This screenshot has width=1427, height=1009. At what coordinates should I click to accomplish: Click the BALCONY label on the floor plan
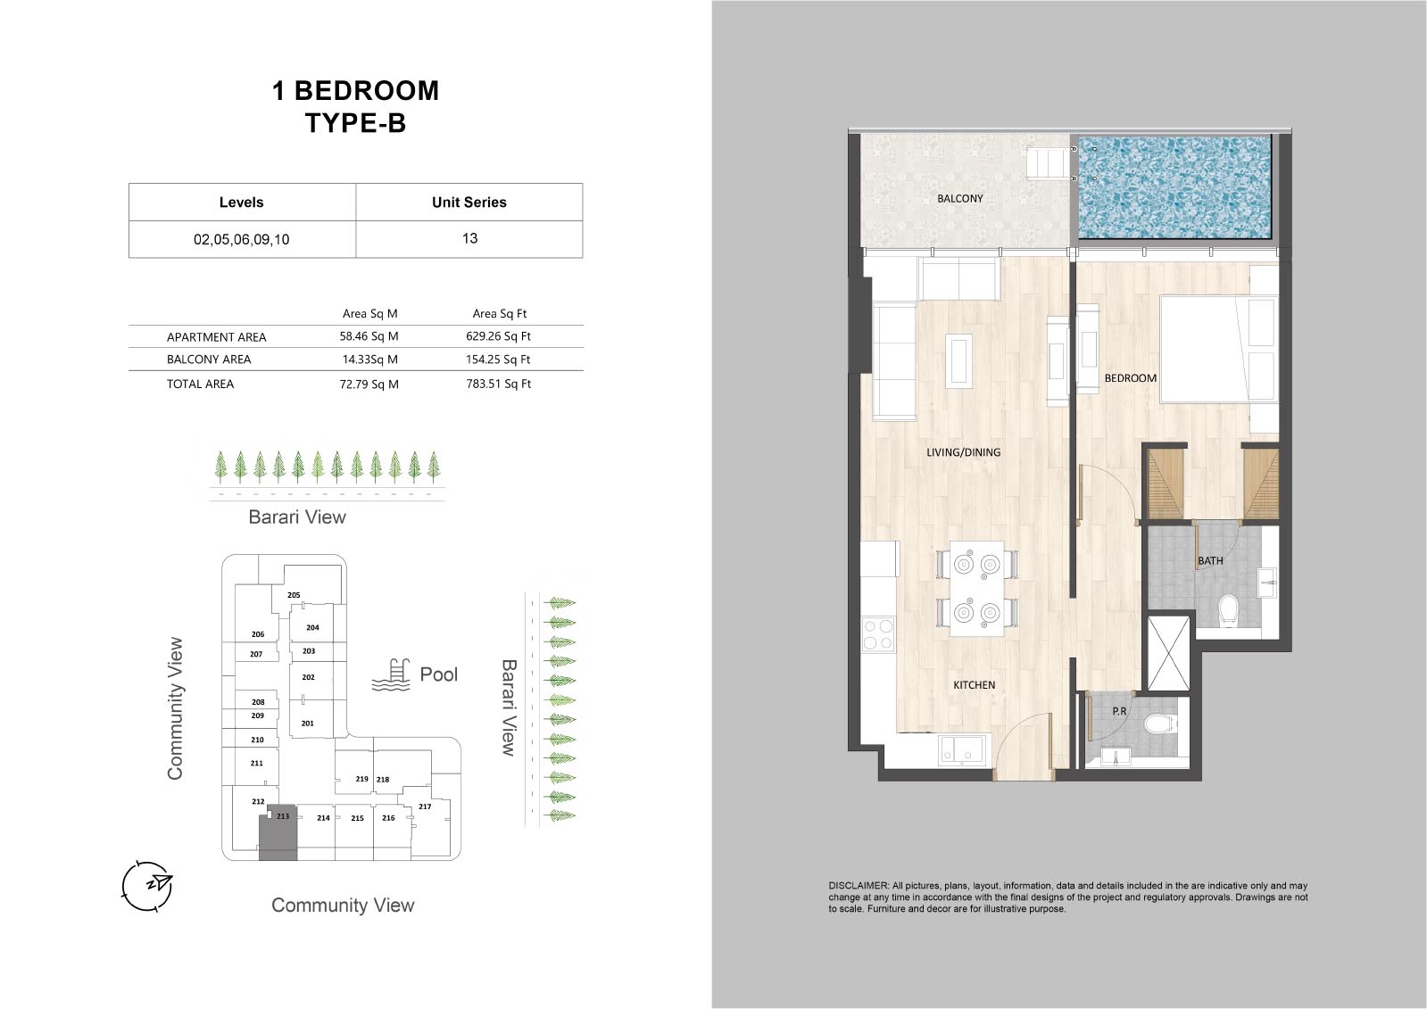[959, 199]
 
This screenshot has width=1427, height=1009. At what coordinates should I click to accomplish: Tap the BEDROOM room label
[1130, 378]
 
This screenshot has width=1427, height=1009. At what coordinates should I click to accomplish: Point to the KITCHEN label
[974, 685]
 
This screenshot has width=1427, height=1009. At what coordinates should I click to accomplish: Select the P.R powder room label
[1119, 711]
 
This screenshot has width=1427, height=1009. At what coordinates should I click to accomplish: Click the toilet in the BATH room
[1228, 610]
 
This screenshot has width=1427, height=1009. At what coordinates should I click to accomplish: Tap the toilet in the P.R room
[1158, 724]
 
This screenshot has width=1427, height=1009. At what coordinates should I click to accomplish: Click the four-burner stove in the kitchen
[878, 634]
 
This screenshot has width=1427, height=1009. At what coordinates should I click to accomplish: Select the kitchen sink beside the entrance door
[961, 749]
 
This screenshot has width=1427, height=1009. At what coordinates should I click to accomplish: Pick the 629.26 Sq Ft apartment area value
[498, 336]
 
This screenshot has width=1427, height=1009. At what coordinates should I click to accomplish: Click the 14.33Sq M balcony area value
[369, 360]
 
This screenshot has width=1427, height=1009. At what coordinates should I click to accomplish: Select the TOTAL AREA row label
[200, 385]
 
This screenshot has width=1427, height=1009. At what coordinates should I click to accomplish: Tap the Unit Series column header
[469, 203]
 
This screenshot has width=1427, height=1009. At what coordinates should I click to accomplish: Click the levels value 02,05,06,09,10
[242, 239]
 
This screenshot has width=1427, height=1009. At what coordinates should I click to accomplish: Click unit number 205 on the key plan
[293, 595]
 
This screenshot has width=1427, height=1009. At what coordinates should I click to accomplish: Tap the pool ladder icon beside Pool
[391, 675]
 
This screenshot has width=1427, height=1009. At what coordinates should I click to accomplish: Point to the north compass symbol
[147, 885]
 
